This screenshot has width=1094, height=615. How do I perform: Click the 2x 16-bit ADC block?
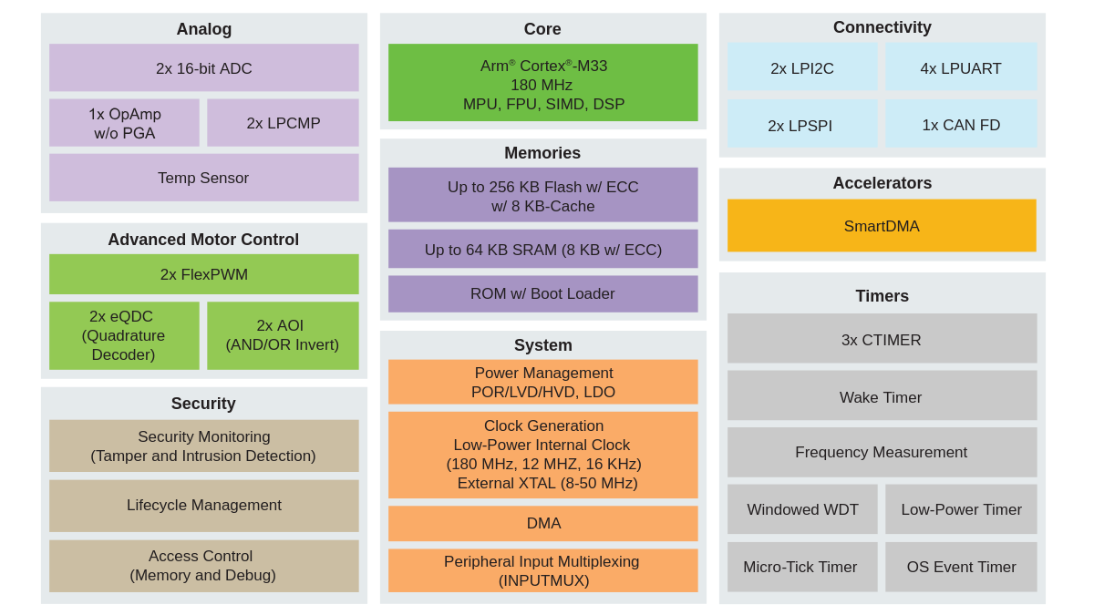point(203,68)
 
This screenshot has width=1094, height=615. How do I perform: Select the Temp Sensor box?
point(203,178)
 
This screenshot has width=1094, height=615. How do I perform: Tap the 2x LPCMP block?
point(283,123)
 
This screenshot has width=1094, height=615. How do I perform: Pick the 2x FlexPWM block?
point(203,274)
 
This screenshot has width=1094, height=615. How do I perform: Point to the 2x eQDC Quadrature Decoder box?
point(124,335)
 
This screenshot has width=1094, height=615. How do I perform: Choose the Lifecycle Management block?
point(203,505)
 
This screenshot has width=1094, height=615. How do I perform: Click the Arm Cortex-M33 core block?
point(542,84)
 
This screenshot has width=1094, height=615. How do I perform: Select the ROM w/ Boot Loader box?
point(542,293)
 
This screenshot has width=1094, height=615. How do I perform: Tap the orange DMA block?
point(542,523)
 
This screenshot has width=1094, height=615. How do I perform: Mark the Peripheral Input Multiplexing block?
point(542,570)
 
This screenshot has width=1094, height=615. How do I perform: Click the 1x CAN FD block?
point(961,125)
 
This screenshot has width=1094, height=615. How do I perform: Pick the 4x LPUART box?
point(961,68)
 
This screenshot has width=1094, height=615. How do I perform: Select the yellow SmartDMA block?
point(882,226)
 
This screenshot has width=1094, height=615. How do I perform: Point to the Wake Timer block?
point(882,396)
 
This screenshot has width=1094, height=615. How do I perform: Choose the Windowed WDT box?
point(802,509)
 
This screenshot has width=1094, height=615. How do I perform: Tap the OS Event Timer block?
point(961,567)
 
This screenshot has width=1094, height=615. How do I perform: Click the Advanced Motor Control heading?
point(203,240)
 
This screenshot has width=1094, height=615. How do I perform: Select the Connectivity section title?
point(882,27)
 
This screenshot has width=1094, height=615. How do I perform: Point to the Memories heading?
point(542,153)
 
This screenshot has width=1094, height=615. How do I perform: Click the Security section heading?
point(203,404)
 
